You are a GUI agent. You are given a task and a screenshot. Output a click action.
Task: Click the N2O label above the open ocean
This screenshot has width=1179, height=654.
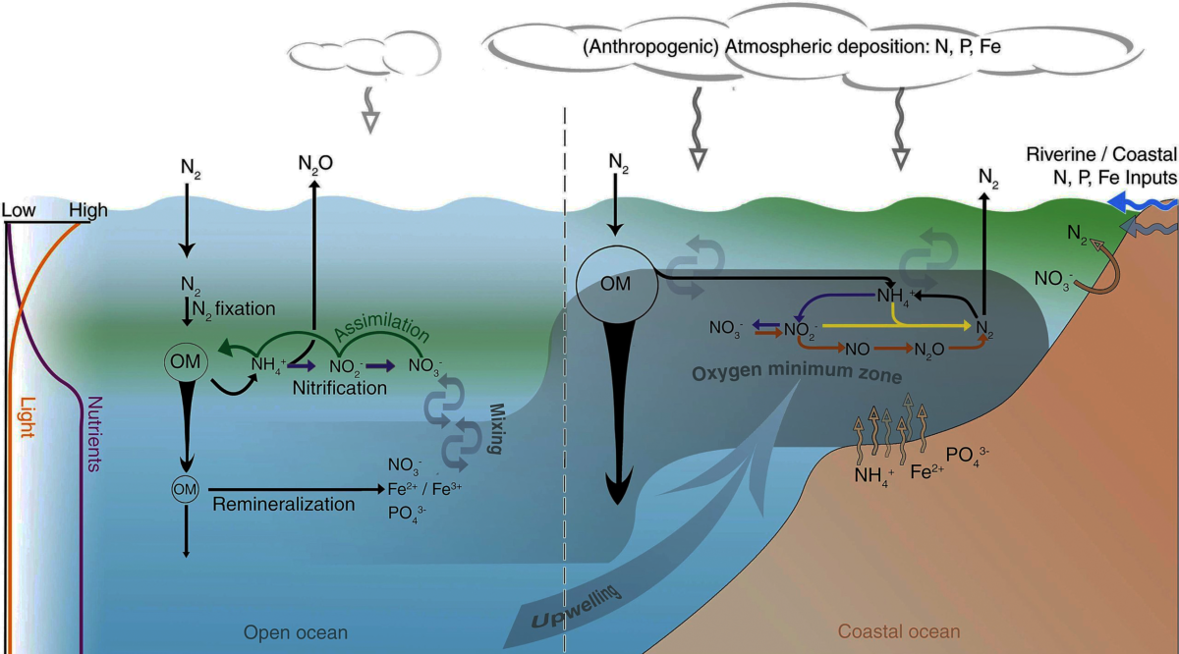point(316,164)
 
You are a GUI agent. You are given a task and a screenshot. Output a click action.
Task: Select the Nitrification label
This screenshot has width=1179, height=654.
point(339,388)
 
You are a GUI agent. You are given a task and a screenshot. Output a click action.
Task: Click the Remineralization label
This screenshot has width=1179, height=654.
point(283,505)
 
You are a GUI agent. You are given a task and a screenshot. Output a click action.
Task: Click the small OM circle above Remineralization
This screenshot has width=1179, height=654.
point(186,488)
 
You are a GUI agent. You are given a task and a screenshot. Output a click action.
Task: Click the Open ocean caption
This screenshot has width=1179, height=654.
point(295,632)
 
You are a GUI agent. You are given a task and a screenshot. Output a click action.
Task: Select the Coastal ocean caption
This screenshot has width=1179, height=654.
point(899,632)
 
